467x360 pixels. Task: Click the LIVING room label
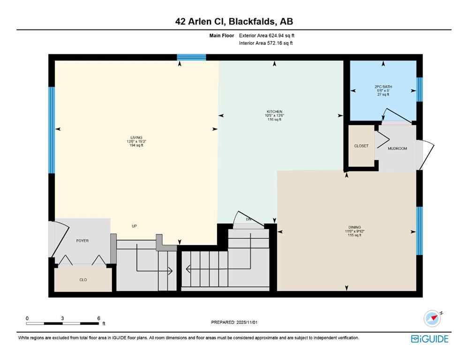point(136,137)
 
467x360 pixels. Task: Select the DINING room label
point(354,227)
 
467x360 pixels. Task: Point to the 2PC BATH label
point(383,87)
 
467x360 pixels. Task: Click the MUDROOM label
point(397,149)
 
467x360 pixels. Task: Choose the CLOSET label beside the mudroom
point(361,146)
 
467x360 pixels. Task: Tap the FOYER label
point(83,240)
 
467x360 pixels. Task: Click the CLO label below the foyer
point(83,280)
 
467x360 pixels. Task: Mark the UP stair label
point(134,226)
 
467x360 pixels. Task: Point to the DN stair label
point(249,219)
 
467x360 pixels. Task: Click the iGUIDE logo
point(429,338)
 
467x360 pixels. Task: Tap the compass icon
point(432,319)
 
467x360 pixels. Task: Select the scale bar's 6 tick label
point(98,318)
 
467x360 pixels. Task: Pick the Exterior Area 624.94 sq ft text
point(266,35)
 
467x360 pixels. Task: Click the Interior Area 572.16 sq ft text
point(266,43)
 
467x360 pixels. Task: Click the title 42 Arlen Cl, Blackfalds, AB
point(233,21)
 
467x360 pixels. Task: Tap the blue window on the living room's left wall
point(52,130)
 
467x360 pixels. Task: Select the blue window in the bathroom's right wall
point(420,89)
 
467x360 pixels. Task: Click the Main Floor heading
point(221,35)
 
